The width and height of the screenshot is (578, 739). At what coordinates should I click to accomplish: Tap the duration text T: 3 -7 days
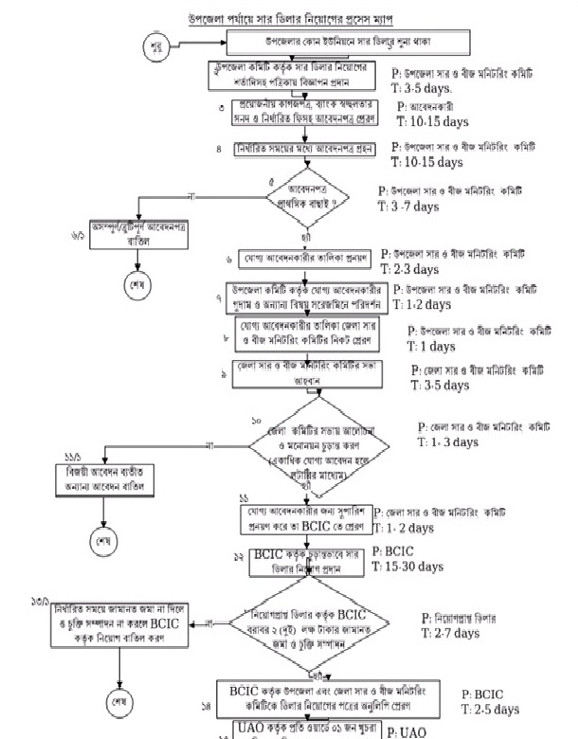pos(408,207)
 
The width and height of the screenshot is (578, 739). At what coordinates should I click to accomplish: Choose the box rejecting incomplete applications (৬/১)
pos(136,235)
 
